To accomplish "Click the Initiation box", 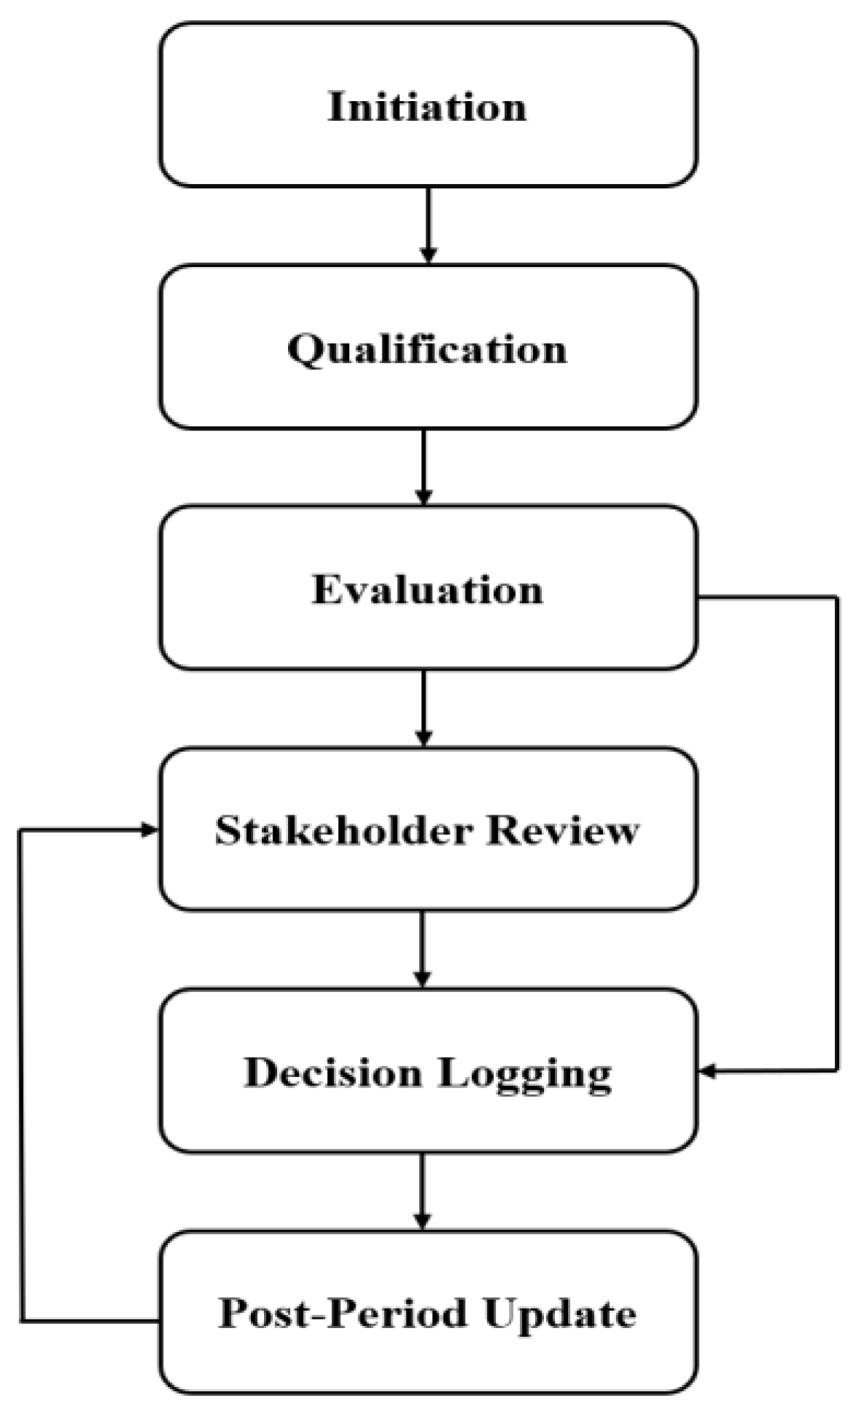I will pyautogui.click(x=428, y=105).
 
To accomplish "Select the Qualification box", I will pyautogui.click(x=428, y=347).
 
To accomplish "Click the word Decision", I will pyautogui.click(x=332, y=1072).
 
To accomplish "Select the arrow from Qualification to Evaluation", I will pyautogui.click(x=423, y=466).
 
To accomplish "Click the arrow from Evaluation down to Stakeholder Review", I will pyautogui.click(x=423, y=708).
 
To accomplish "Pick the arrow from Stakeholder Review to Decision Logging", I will pyautogui.click(x=423, y=948).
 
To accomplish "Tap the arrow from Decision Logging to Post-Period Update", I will pyautogui.click(x=422, y=1191).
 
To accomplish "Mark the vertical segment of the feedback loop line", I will pyautogui.click(x=21, y=1076).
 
